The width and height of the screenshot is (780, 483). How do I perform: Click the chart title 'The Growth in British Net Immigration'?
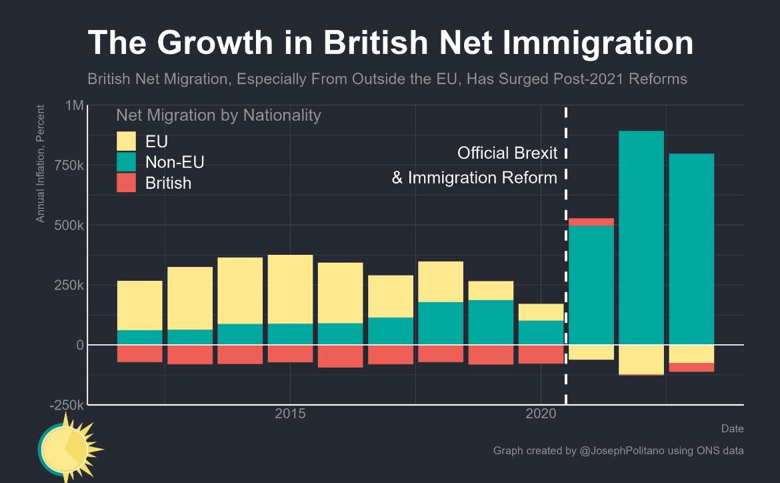(390, 43)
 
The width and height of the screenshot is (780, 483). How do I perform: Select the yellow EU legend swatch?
(126, 141)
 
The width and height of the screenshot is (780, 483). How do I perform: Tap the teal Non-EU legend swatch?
(126, 162)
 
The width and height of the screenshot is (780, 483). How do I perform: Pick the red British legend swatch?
(126, 183)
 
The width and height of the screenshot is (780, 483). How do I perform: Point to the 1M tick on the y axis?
(75, 106)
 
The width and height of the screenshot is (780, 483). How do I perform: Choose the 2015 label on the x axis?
(290, 414)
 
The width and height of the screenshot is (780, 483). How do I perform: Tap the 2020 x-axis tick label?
(541, 414)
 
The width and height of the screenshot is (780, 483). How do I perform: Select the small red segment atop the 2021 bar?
(591, 222)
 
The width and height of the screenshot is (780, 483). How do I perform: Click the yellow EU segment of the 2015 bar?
(290, 289)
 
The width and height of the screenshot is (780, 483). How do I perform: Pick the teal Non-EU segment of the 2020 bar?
(541, 332)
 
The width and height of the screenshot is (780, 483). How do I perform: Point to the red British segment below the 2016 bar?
(340, 356)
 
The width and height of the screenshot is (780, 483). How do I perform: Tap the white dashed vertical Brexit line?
(566, 267)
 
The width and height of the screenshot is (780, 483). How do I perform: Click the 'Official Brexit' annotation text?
(507, 153)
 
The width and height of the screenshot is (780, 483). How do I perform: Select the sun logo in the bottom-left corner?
(67, 448)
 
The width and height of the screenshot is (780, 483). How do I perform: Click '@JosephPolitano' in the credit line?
(624, 451)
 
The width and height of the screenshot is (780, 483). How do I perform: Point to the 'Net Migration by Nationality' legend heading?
(218, 115)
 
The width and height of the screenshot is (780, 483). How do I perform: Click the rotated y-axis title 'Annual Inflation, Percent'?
(41, 163)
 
